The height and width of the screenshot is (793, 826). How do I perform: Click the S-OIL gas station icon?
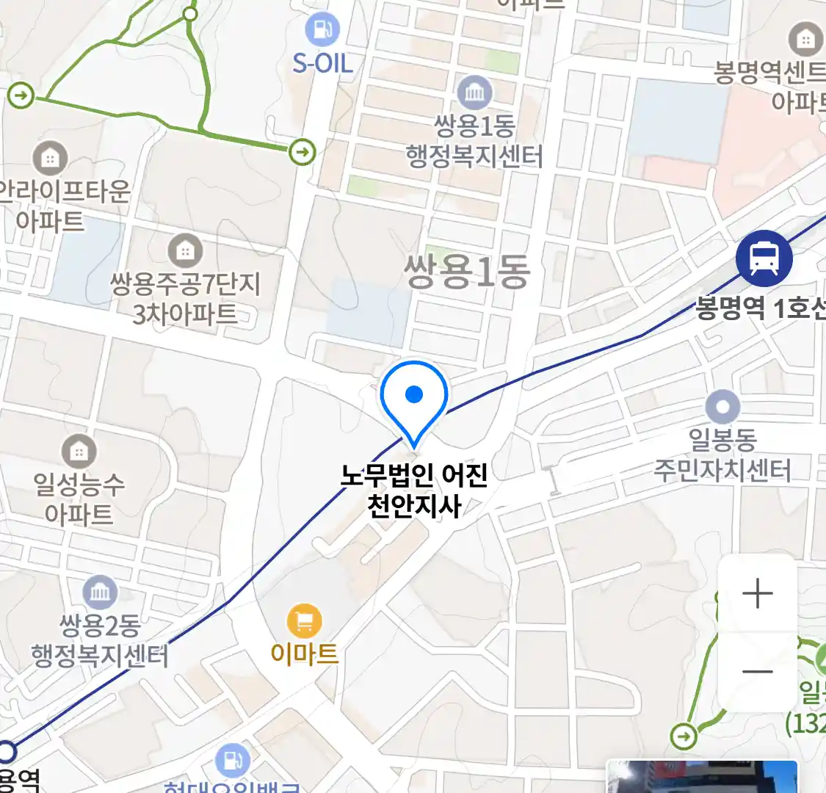click(322, 29)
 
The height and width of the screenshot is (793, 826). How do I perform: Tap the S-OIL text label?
click(322, 63)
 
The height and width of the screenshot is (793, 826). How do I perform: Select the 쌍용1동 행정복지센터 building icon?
click(474, 93)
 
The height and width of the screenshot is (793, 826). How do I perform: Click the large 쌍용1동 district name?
click(467, 272)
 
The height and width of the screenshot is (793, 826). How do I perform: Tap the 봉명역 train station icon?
click(764, 258)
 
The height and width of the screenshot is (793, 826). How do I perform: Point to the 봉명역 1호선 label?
click(760, 308)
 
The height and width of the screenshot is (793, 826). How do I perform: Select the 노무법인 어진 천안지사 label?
click(414, 490)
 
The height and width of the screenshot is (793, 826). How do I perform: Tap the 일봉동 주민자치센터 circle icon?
click(722, 407)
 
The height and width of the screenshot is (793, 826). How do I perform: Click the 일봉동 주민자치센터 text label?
click(722, 455)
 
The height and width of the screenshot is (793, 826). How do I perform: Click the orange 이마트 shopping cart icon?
click(304, 622)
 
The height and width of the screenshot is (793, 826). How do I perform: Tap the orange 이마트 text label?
click(304, 653)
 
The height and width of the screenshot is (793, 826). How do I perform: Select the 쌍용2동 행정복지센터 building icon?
click(100, 593)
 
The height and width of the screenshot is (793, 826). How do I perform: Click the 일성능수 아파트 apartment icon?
click(79, 452)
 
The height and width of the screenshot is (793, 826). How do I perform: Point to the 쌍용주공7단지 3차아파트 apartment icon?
click(185, 251)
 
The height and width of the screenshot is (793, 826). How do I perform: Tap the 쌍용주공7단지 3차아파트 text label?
click(185, 299)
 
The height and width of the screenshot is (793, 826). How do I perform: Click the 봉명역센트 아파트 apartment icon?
click(805, 39)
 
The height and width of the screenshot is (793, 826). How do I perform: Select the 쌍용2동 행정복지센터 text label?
click(100, 641)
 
